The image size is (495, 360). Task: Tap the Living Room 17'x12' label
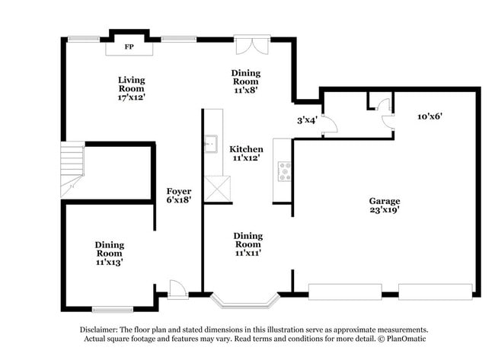131,88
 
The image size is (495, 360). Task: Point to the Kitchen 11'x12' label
246,154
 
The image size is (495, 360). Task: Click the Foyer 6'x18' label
179,195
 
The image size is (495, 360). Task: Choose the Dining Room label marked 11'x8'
245,81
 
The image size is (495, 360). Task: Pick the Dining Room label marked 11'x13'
110,253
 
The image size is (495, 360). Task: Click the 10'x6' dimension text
430,116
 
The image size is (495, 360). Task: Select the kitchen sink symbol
211,145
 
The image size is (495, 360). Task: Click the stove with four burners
284,170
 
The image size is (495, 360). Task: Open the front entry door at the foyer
177,289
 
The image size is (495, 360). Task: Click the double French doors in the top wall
251,43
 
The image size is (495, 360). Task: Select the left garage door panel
343,292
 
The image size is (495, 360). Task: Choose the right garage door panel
435,292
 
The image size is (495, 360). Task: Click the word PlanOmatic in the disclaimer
405,339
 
